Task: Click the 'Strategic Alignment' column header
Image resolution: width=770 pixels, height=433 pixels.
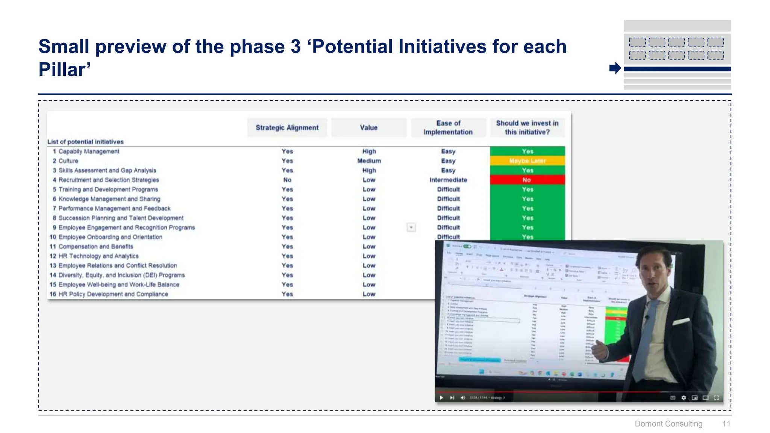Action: (x=287, y=128)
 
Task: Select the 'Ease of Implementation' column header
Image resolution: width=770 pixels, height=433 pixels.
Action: (x=448, y=128)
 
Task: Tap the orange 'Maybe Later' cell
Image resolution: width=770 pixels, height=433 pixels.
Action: (x=527, y=161)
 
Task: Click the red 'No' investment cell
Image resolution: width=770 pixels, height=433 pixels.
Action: (x=527, y=180)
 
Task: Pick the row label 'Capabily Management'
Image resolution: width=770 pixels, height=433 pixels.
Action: (x=89, y=151)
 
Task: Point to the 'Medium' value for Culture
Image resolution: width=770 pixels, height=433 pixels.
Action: (x=369, y=161)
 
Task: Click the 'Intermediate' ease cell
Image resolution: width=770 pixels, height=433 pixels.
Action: (x=448, y=180)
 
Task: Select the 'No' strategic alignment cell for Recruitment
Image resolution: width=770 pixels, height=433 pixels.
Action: (x=287, y=180)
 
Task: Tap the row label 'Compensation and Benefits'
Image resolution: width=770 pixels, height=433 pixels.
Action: (x=95, y=247)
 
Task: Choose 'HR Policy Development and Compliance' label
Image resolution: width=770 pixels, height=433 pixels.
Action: (x=113, y=294)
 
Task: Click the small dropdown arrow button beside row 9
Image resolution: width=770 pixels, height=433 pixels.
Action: (x=411, y=227)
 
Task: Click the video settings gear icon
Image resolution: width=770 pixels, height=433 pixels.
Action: (x=684, y=398)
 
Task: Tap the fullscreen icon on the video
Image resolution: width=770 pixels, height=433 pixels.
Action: (x=717, y=398)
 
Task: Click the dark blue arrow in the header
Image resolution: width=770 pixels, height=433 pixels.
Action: (x=615, y=68)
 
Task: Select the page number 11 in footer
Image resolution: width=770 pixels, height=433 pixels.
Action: (x=726, y=424)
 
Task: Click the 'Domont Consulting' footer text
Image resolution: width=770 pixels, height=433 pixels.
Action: (x=668, y=424)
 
